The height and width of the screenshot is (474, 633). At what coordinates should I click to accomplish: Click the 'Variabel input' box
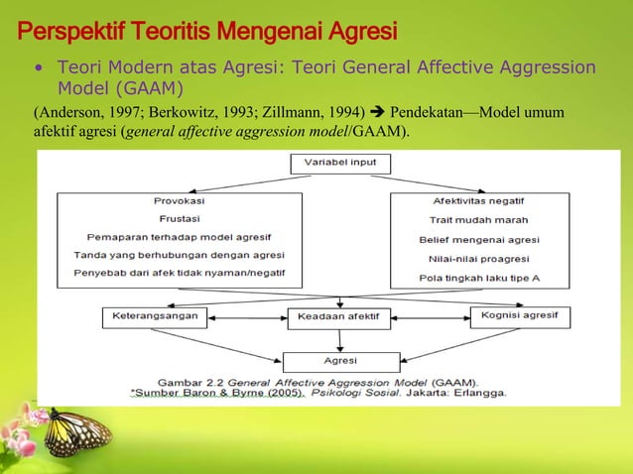(340, 163)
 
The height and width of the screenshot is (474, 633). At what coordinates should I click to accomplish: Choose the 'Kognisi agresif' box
(519, 316)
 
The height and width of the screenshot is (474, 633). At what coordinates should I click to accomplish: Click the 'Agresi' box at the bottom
(339, 361)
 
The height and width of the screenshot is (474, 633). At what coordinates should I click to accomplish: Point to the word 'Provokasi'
(180, 200)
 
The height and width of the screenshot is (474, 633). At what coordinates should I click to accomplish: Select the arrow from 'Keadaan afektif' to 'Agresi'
(339, 340)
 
